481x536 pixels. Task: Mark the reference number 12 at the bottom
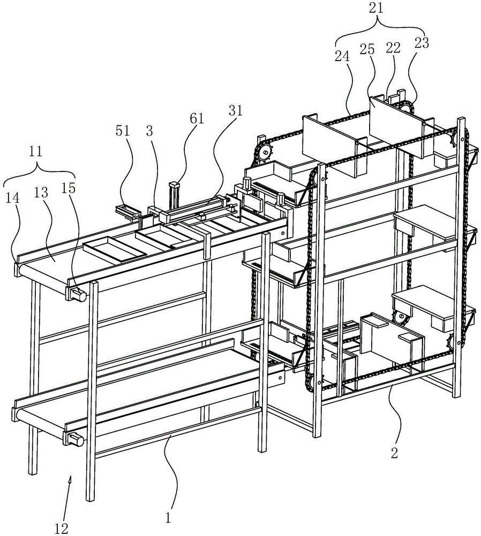[62, 528]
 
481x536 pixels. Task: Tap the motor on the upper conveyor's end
[77, 293]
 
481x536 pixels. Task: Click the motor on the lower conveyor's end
[76, 440]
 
